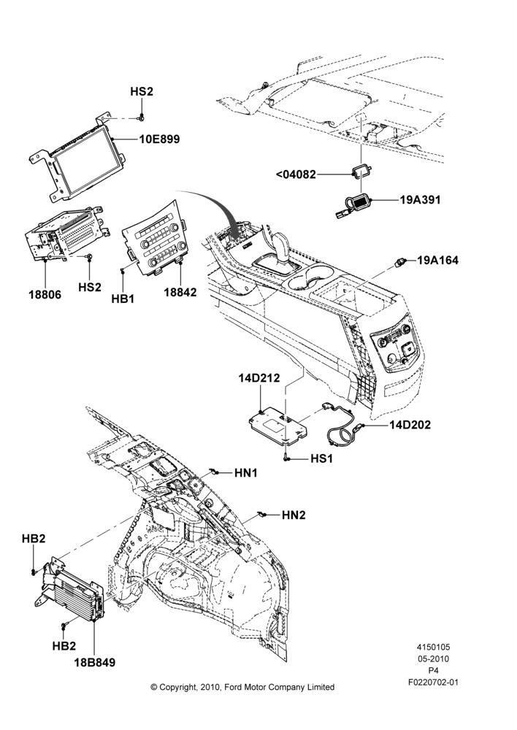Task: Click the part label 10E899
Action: click(159, 139)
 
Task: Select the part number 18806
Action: click(45, 295)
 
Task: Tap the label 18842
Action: click(180, 293)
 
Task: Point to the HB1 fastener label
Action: click(123, 299)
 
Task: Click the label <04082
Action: click(296, 174)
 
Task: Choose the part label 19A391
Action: click(420, 200)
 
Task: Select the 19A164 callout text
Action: click(438, 261)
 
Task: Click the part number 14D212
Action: click(259, 378)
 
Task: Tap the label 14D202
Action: click(410, 425)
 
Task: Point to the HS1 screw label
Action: click(322, 458)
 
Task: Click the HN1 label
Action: click(246, 473)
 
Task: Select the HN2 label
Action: click(294, 515)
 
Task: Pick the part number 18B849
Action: click(94, 663)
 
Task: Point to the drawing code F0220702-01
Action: click(433, 683)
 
